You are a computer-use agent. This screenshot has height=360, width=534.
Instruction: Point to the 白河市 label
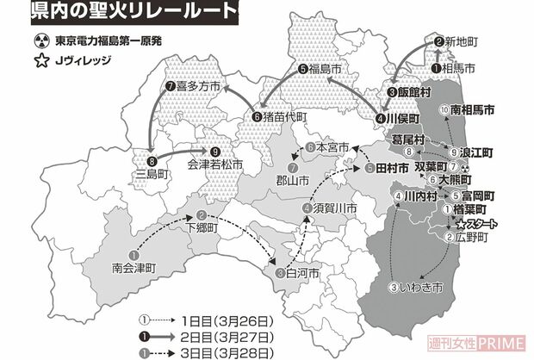(303, 273)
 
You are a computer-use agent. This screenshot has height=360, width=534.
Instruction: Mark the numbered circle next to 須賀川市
(307, 208)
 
